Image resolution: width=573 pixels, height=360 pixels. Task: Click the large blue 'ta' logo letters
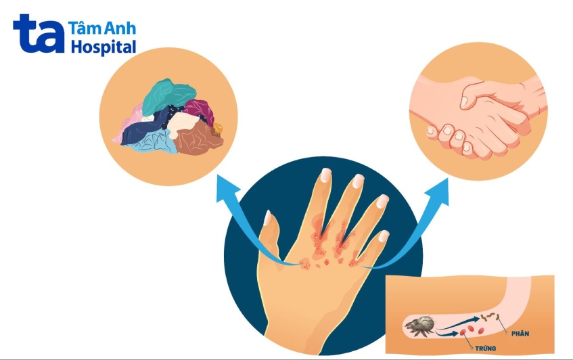point(39,34)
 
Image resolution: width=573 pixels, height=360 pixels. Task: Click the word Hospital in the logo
point(104,48)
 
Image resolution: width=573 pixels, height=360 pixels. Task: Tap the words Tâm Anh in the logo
point(102,28)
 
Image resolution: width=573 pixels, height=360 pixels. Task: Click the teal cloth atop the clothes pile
point(167,95)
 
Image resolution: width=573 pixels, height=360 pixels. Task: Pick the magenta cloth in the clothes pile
point(200,110)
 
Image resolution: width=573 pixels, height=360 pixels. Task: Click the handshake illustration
point(479,117)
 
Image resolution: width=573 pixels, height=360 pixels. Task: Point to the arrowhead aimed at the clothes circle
point(227,187)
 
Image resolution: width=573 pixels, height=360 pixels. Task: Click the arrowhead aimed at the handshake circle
point(438,192)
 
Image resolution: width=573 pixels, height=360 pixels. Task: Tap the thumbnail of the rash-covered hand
point(268,218)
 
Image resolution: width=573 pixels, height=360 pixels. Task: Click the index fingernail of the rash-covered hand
point(325,175)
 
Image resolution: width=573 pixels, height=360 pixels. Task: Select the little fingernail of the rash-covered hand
point(384,235)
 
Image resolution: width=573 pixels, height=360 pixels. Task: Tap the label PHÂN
point(520,334)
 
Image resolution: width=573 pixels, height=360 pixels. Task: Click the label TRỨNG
point(485,348)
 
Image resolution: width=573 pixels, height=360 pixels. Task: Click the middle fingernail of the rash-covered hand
point(358,181)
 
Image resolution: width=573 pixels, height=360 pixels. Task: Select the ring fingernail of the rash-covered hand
point(382,201)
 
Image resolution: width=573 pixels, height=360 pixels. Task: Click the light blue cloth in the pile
point(154,143)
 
